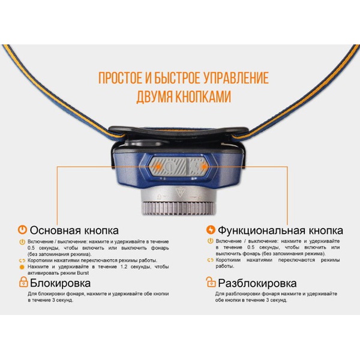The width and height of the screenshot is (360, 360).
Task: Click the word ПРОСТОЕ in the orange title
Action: pos(116,78)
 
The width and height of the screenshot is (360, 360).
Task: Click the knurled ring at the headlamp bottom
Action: pos(179,210)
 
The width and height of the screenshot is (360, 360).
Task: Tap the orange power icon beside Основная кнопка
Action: pos(22,230)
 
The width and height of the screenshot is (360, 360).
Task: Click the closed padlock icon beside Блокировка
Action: pos(23,282)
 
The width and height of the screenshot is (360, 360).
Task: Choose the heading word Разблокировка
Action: pos(257,283)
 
